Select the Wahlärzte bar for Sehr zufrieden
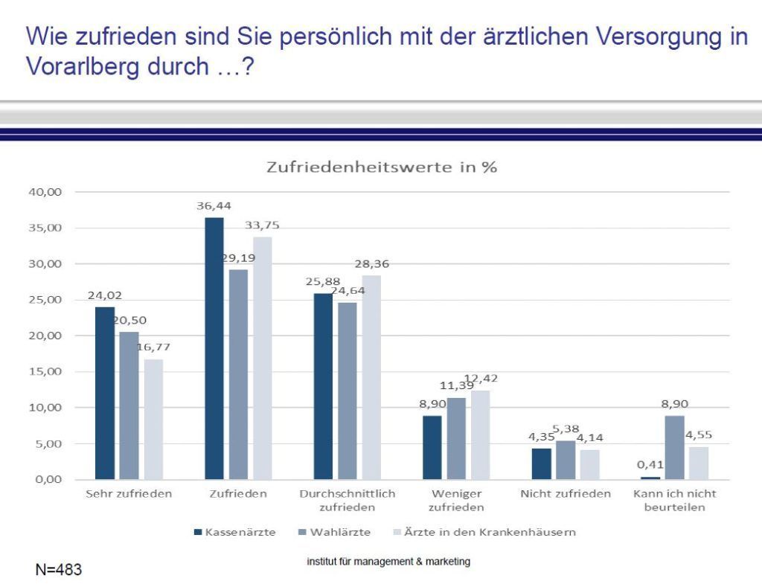[x=129, y=405]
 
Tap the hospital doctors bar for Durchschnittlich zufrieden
[x=371, y=377]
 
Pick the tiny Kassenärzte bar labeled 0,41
[x=650, y=478]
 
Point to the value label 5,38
[x=566, y=429]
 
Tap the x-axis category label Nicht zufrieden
[x=566, y=494]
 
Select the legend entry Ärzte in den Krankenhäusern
[x=487, y=532]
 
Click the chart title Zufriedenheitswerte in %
[x=381, y=167]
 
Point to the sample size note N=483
[x=59, y=570]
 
